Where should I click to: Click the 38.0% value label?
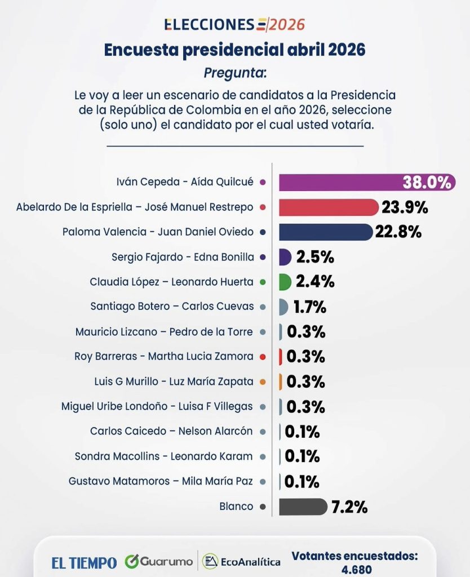(x=427, y=183)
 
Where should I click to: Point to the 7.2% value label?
(x=349, y=507)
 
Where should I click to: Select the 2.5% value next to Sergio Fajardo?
(x=315, y=258)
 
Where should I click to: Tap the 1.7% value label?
(x=309, y=307)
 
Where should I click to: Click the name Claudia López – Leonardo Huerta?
(x=172, y=282)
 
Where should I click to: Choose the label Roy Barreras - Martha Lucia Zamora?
(x=164, y=357)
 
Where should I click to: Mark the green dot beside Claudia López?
(x=263, y=282)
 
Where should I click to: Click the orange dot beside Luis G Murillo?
(x=263, y=382)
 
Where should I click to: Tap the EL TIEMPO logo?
(x=85, y=562)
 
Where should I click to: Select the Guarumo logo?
(x=159, y=562)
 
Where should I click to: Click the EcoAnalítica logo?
(x=242, y=562)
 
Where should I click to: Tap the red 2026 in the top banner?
(x=287, y=24)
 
